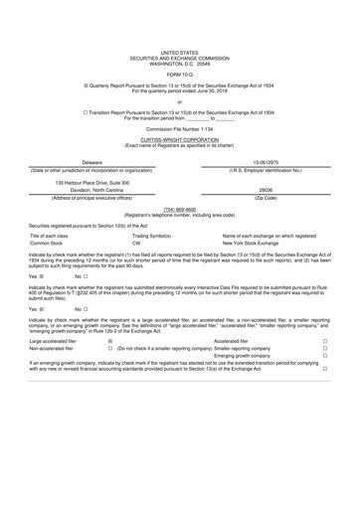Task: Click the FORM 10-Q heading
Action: click(x=179, y=74)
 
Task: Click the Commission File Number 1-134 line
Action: click(x=179, y=129)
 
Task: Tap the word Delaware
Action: click(x=91, y=161)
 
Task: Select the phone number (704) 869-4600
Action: click(x=179, y=210)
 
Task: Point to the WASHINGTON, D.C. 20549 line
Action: click(x=179, y=60)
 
